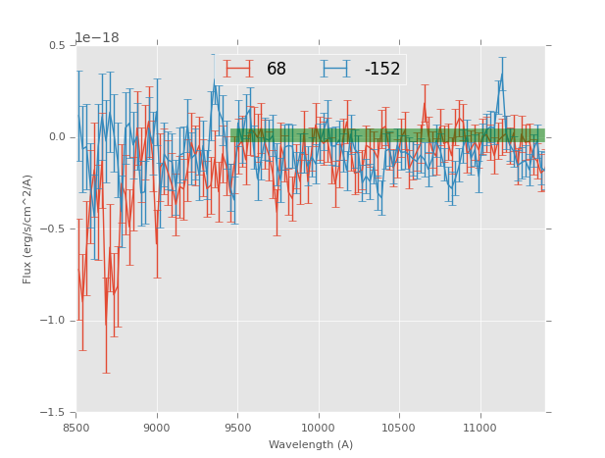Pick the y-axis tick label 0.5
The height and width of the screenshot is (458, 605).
click(57, 46)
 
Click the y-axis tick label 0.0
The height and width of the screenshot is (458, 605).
click(57, 137)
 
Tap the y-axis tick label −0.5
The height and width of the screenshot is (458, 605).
click(54, 229)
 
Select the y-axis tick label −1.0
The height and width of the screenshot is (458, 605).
click(54, 321)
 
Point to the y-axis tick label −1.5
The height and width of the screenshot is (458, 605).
click(54, 413)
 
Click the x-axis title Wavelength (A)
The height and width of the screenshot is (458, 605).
click(311, 444)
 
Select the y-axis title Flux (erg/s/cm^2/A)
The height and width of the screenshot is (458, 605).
click(27, 229)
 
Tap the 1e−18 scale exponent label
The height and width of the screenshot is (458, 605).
click(96, 38)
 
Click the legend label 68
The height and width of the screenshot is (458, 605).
click(277, 70)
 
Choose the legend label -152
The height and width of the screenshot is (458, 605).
click(381, 70)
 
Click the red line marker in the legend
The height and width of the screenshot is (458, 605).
click(238, 69)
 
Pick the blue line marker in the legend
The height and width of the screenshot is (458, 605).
click(335, 69)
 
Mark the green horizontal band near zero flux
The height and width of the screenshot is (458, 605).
click(387, 135)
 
